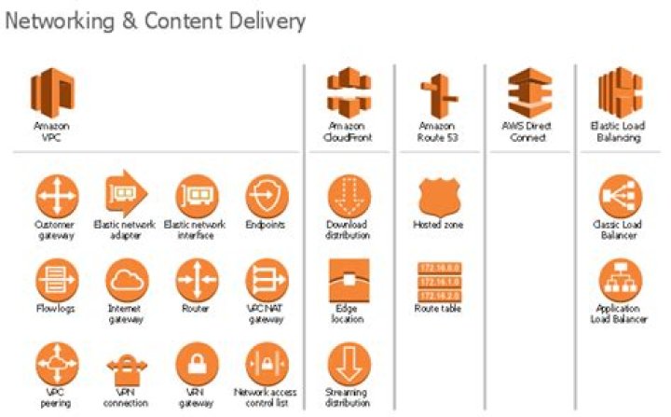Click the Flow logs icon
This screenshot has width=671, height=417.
[56, 280]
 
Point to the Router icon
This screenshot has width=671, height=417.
[197, 280]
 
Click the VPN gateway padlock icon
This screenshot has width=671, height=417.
[197, 364]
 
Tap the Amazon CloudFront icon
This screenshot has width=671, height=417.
[349, 92]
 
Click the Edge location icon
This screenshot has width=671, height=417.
[349, 280]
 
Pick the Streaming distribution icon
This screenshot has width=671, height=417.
[349, 364]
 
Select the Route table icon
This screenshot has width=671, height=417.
[438, 280]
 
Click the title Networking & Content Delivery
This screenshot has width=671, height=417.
[155, 19]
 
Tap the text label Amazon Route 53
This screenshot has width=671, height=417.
[438, 131]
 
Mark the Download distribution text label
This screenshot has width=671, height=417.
[347, 229]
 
